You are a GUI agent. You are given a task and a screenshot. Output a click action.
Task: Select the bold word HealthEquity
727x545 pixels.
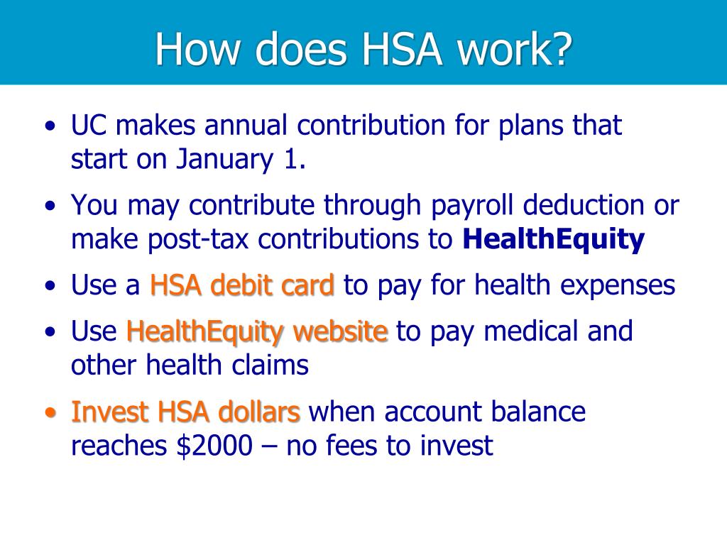click(553, 240)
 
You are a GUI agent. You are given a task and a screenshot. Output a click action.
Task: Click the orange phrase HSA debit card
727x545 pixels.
click(242, 285)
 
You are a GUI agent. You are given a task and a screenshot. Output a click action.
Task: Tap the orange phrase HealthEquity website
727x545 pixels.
click(257, 331)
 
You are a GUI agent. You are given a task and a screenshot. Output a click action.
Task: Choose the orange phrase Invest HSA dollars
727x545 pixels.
click(186, 412)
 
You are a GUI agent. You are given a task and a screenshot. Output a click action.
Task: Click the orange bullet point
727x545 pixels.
click(50, 413)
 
